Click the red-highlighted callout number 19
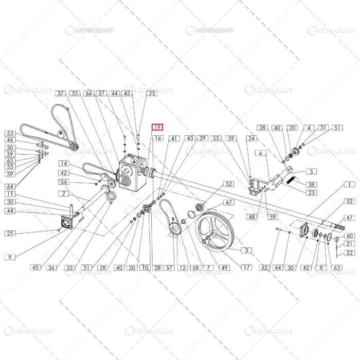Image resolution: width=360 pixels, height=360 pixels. click(157, 127)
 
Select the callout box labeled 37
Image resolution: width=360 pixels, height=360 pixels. click(61, 94)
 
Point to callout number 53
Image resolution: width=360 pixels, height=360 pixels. click(10, 133)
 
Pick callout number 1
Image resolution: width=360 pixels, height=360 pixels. click(351, 184)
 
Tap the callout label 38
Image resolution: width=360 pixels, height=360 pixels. click(312, 184)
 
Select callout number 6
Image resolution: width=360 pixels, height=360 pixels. click(261, 153)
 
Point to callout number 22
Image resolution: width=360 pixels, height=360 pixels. click(349, 253)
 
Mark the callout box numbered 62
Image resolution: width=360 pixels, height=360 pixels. click(265, 267)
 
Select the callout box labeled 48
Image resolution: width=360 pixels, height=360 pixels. click(252, 218)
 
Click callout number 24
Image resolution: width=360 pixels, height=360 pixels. click(251, 139)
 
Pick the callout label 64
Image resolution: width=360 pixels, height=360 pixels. click(10, 186)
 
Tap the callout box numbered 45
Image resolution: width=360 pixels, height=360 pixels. click(35, 267)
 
